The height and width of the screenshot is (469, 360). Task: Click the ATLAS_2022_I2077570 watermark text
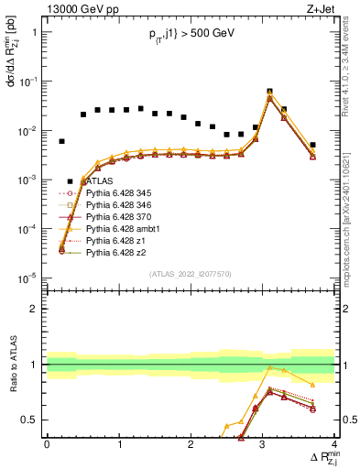pos(190,273)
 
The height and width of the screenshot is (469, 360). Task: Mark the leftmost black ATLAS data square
pos(61,141)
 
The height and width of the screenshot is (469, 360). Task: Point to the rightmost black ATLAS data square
pos(312,145)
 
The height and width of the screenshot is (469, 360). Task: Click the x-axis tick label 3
pos(262,444)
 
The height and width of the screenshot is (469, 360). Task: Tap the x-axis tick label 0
pos(47,444)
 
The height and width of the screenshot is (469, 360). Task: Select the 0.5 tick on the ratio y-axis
pos(33,420)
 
